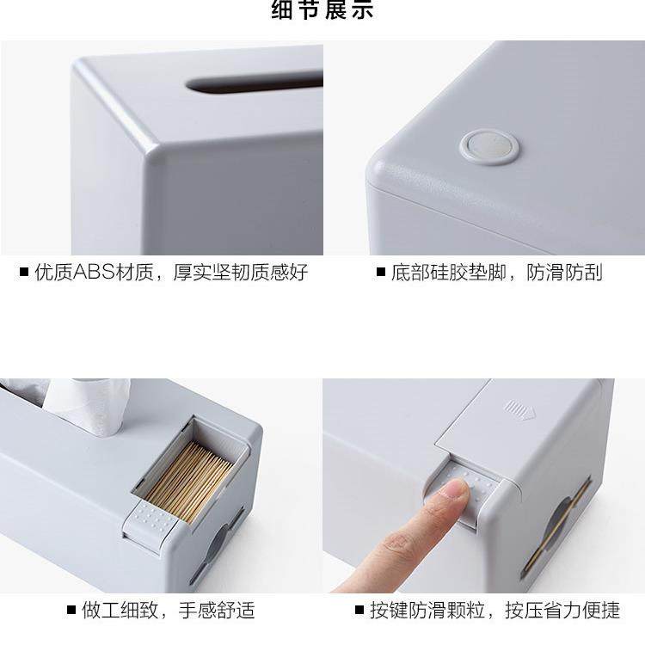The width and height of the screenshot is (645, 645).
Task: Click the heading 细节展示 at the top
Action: [322, 11]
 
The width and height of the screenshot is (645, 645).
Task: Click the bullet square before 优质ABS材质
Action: [24, 273]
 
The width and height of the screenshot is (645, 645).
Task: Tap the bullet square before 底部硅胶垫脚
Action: [380, 273]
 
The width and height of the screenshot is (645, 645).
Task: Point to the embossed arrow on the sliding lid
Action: [520, 408]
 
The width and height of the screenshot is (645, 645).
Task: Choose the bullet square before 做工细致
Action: [71, 611]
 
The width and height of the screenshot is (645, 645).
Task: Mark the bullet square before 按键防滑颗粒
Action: [359, 611]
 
